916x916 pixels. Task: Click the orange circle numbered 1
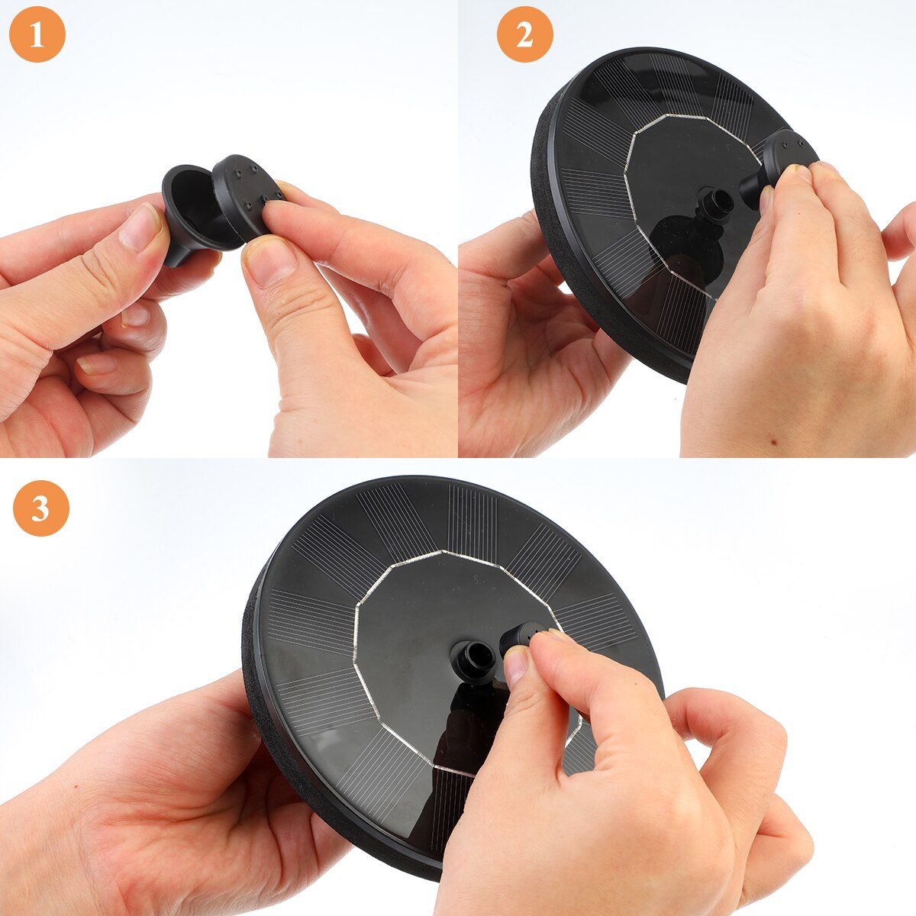[37, 34]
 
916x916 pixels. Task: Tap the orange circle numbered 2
[524, 34]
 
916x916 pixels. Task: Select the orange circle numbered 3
[41, 508]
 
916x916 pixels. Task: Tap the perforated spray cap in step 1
[247, 195]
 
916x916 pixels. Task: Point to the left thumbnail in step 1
[140, 227]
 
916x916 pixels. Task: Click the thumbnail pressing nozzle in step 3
[516, 664]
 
